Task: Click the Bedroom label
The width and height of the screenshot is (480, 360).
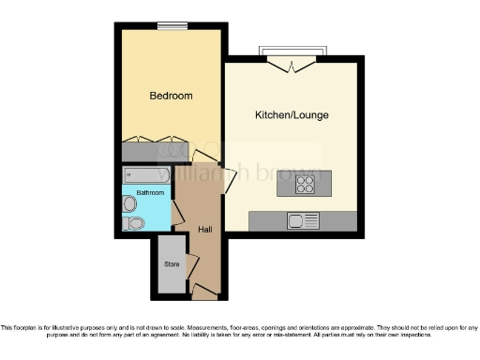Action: click(x=172, y=96)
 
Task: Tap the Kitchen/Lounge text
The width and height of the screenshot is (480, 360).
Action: click(x=292, y=115)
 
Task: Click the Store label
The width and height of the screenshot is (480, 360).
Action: click(x=172, y=263)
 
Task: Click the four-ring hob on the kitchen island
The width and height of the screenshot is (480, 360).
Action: click(x=305, y=185)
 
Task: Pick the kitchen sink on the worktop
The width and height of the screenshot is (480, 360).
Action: click(x=303, y=220)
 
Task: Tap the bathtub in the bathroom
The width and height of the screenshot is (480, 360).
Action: click(x=146, y=175)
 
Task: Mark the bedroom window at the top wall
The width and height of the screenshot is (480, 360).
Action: click(x=171, y=25)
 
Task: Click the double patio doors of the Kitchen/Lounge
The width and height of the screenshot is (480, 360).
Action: click(x=292, y=63)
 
